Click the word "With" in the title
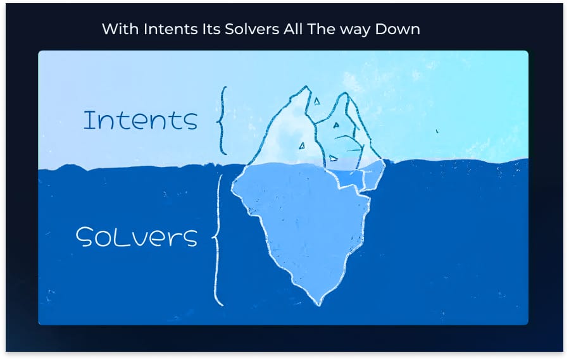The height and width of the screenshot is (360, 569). pos(116,30)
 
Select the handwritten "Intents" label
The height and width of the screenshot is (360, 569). pos(141,120)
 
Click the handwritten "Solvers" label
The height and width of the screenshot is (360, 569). pos(137,237)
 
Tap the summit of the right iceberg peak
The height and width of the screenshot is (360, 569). pos(344,94)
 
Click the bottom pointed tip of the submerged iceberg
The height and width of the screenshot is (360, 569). pos(320,304)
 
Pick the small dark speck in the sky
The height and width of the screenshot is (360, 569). pos(436,132)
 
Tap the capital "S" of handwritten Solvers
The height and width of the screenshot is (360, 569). pos(86,238)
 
